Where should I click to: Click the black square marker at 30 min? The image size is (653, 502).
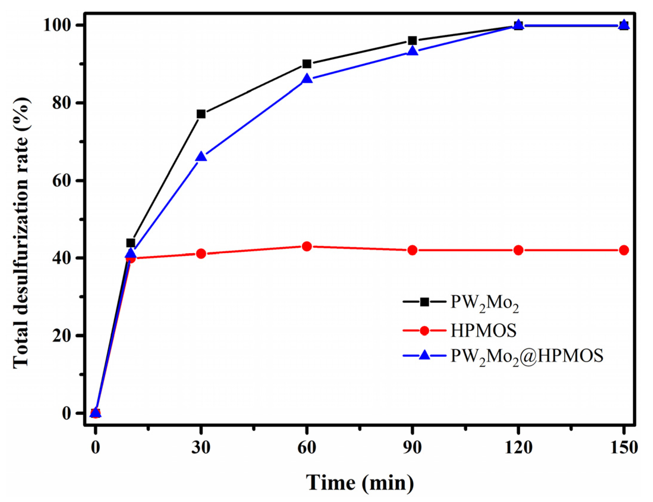tap(201, 114)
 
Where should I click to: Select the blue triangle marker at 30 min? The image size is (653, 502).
tap(201, 157)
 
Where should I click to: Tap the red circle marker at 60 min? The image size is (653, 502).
tap(307, 246)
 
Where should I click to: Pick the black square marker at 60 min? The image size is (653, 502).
tap(307, 64)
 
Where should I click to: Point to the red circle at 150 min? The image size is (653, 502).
tap(624, 250)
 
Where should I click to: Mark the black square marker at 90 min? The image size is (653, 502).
tap(412, 40)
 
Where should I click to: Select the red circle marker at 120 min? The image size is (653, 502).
tap(518, 250)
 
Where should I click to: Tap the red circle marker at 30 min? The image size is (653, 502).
tap(201, 254)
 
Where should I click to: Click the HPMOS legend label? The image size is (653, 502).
tap(483, 330)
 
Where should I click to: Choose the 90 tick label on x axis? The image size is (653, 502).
tap(412, 448)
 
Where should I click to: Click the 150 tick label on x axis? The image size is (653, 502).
tap(624, 448)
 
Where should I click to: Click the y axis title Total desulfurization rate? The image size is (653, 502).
tap(21, 233)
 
